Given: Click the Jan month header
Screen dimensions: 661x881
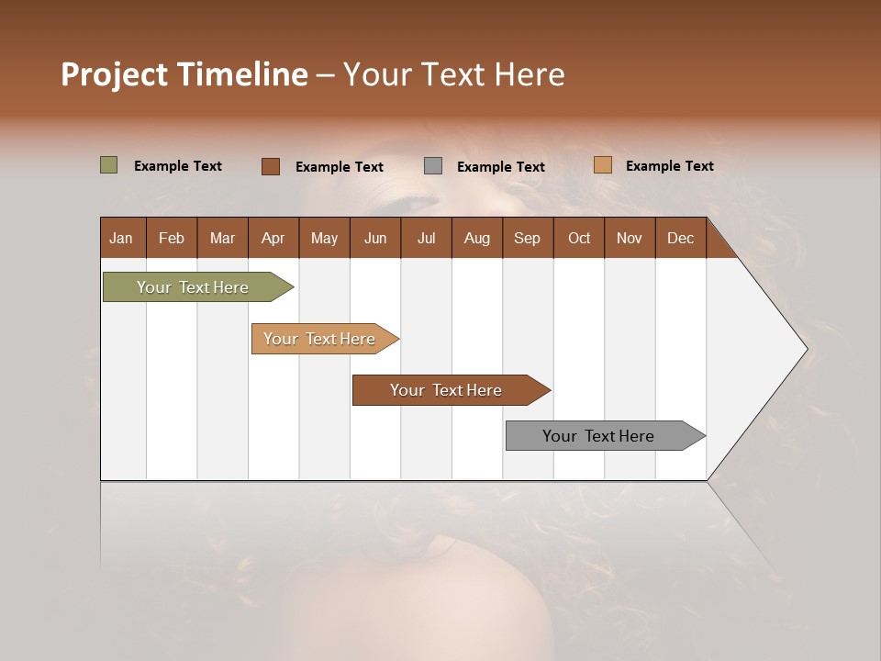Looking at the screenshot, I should (121, 238).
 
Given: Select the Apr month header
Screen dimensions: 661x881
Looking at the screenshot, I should (273, 238).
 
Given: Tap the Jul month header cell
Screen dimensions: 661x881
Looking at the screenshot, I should (426, 238).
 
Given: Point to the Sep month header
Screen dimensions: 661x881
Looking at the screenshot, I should (527, 238).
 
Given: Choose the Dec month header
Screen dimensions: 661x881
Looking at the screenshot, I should (680, 238).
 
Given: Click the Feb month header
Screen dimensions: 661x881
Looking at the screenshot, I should (172, 238).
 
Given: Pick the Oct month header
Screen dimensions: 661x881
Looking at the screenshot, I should (579, 238).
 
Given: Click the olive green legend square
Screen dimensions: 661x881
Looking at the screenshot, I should (109, 165).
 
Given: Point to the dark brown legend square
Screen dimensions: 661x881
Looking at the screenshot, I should (271, 166).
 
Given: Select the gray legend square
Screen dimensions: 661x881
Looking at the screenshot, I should (433, 166).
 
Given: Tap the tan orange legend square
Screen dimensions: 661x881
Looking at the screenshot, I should (603, 165).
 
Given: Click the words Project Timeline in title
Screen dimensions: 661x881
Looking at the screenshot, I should (184, 74).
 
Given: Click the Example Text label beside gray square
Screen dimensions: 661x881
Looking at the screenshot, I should (500, 167).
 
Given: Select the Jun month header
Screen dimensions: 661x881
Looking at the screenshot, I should (374, 238).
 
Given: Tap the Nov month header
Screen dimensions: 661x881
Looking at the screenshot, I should (629, 238).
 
